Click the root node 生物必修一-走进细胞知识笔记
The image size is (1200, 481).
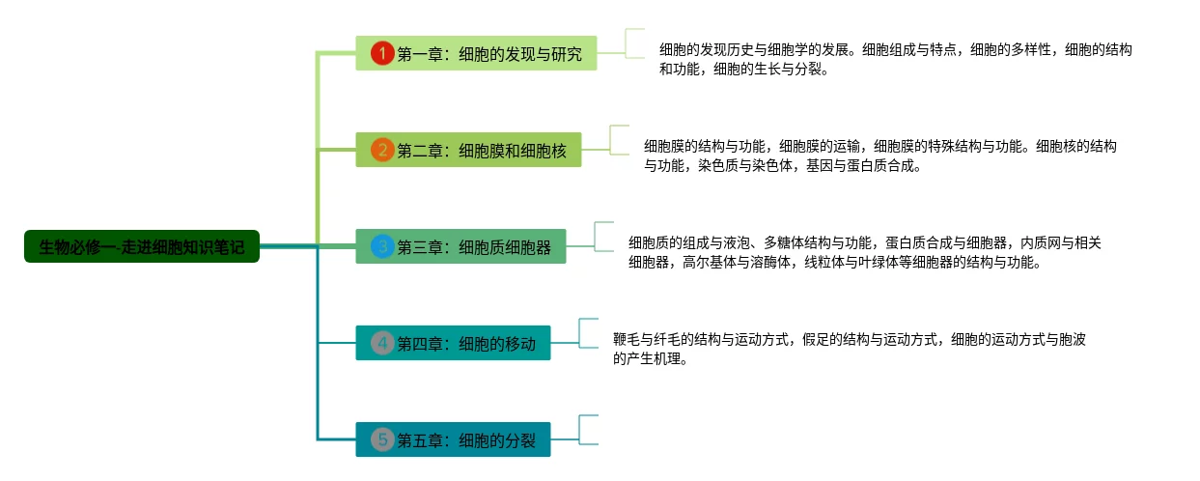click(142, 246)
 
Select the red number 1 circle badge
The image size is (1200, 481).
click(383, 53)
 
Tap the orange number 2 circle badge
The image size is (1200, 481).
click(383, 150)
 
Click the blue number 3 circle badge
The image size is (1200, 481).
click(383, 246)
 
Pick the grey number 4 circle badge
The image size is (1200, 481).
click(383, 343)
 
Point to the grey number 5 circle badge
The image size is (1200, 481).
click(383, 440)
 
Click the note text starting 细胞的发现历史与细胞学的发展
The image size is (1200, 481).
click(895, 59)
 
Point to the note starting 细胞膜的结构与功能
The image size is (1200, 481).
click(879, 156)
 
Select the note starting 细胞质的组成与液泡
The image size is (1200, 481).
click(864, 252)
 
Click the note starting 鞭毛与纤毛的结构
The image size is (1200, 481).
click(849, 349)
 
